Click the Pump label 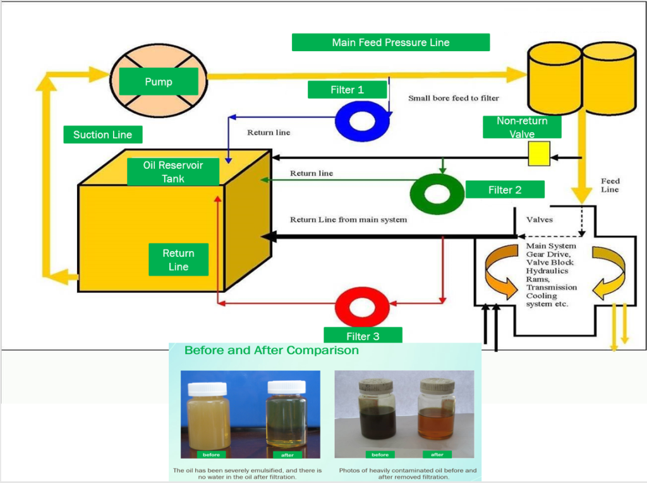pos(159,82)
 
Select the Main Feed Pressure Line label pos(390,42)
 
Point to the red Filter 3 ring pos(361,307)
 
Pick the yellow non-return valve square pos(539,154)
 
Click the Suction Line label pos(102,135)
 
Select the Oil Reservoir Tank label pos(172,172)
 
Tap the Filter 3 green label pos(363,336)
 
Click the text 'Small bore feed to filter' pos(453,98)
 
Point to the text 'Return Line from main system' pos(348,219)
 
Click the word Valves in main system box pos(540,219)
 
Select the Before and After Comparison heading pos(272,350)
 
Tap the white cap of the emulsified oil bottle pos(207,389)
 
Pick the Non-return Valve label pos(522,127)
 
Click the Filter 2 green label pos(504,190)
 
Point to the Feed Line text pos(610,185)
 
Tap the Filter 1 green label pos(347,90)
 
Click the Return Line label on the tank pos(178,260)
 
